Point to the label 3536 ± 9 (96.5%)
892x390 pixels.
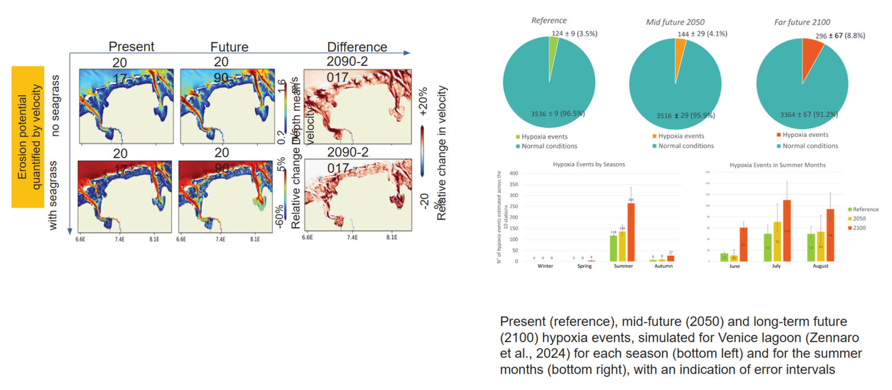[x=557, y=114]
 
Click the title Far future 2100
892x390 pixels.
[x=802, y=22]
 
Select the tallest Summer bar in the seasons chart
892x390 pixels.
[x=631, y=232]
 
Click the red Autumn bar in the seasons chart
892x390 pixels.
[x=671, y=258]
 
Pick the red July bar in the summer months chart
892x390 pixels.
[x=787, y=231]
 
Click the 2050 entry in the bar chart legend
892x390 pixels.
[x=859, y=219]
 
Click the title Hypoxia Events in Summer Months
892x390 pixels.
[x=777, y=165]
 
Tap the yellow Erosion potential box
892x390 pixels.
[x=28, y=137]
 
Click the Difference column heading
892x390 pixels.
[x=357, y=47]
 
